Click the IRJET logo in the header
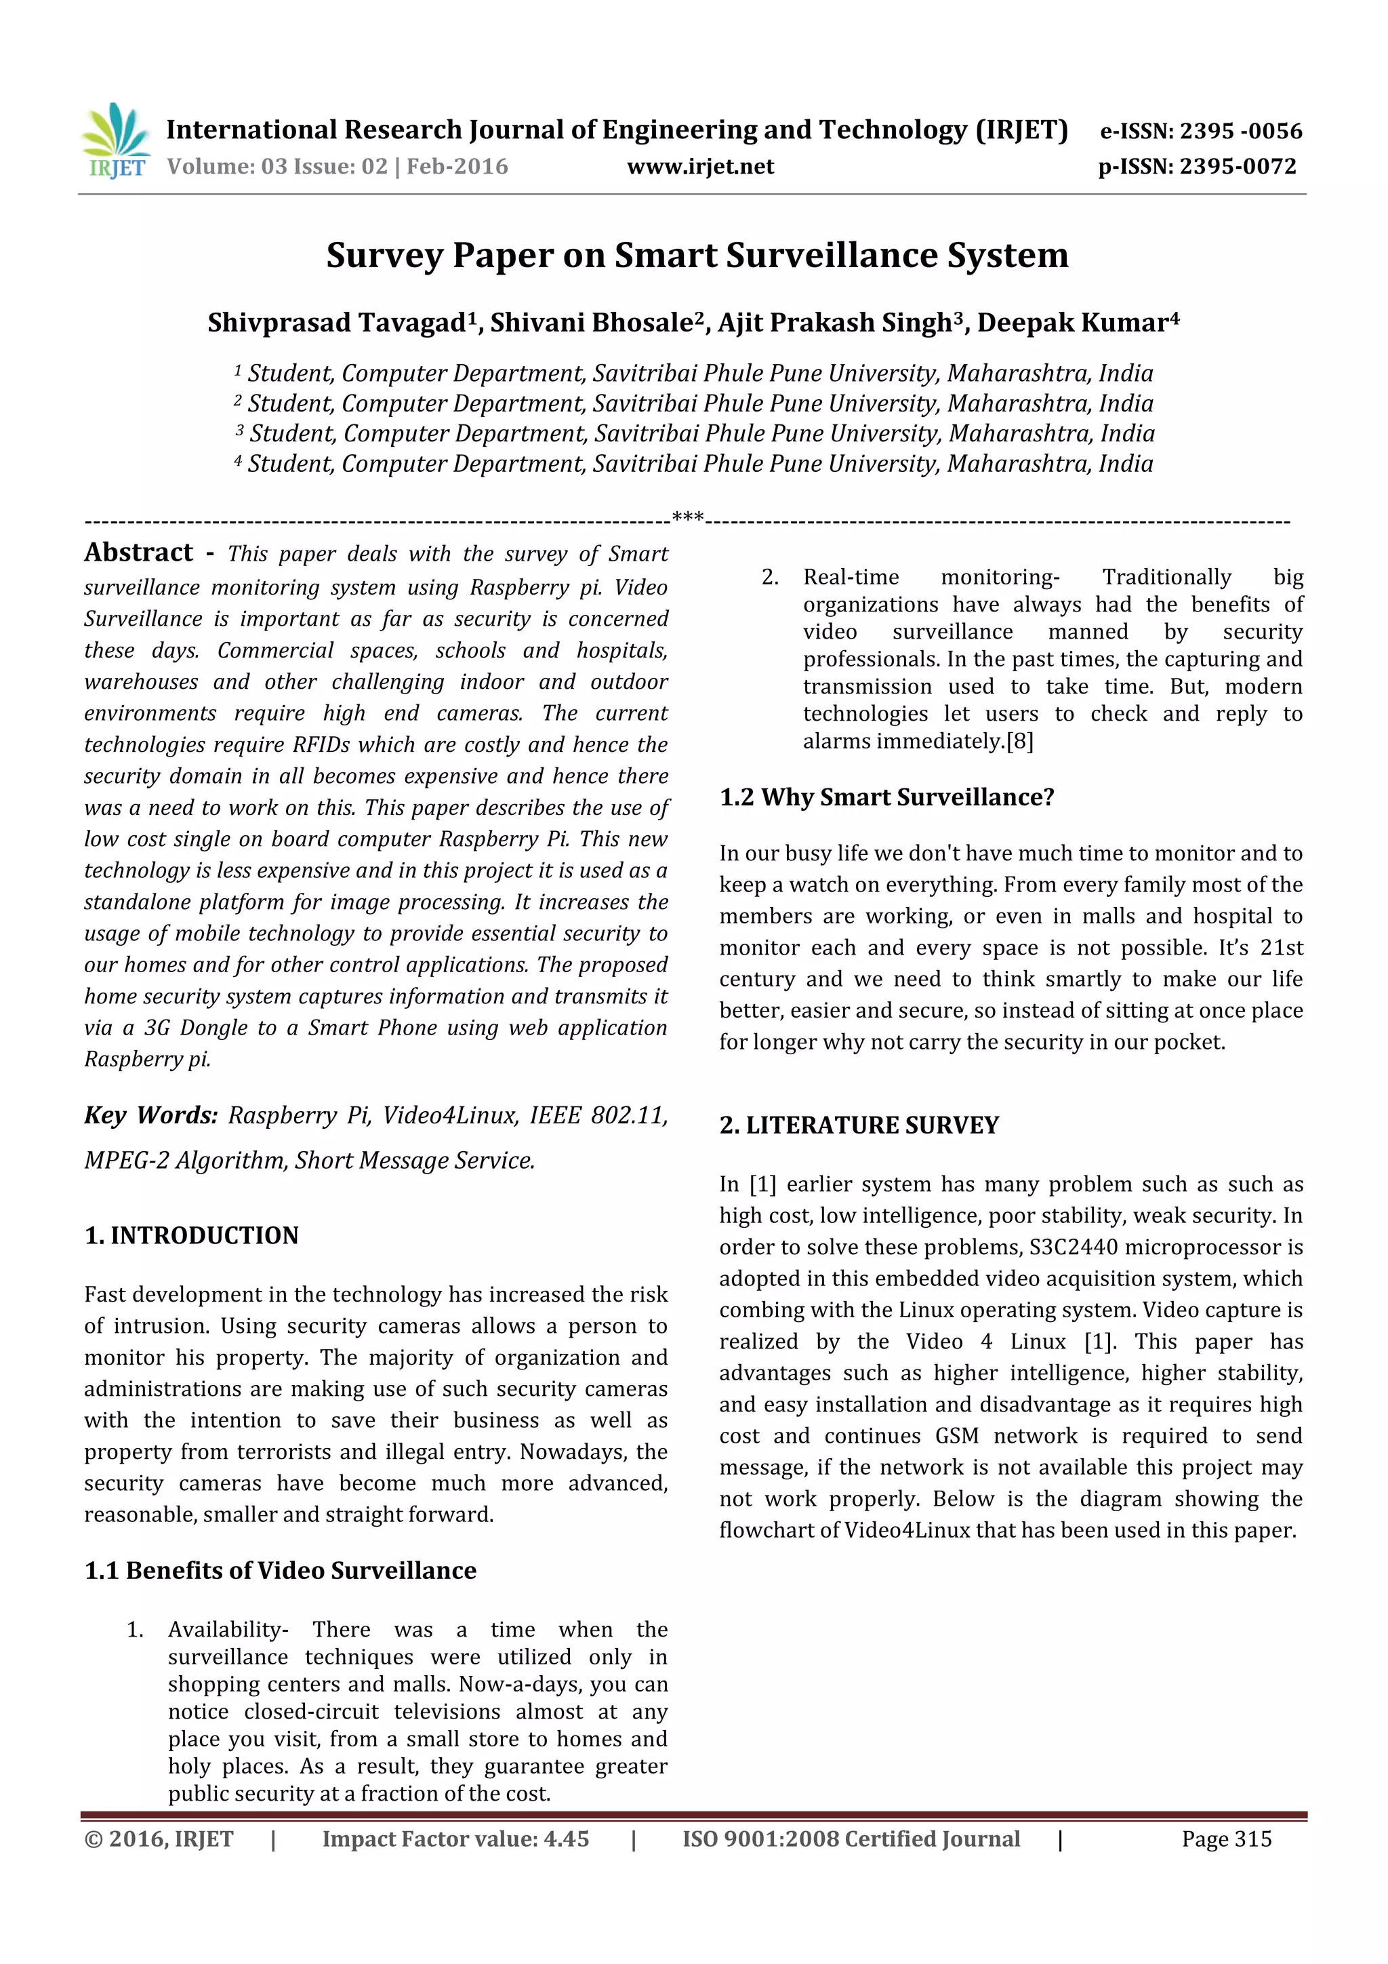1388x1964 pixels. [115, 140]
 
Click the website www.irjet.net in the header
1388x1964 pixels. [699, 166]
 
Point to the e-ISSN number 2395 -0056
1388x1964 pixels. [1241, 131]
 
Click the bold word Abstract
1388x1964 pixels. [138, 553]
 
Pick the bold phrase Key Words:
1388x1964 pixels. [150, 1115]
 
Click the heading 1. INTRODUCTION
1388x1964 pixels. [192, 1235]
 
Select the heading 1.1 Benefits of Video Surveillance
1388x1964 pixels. [281, 1571]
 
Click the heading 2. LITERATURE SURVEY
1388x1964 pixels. [859, 1125]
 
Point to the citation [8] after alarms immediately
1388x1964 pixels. [1019, 742]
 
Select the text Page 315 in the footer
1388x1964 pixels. [1227, 1839]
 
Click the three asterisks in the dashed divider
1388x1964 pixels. [688, 517]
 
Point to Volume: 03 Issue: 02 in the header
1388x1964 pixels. [277, 166]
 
